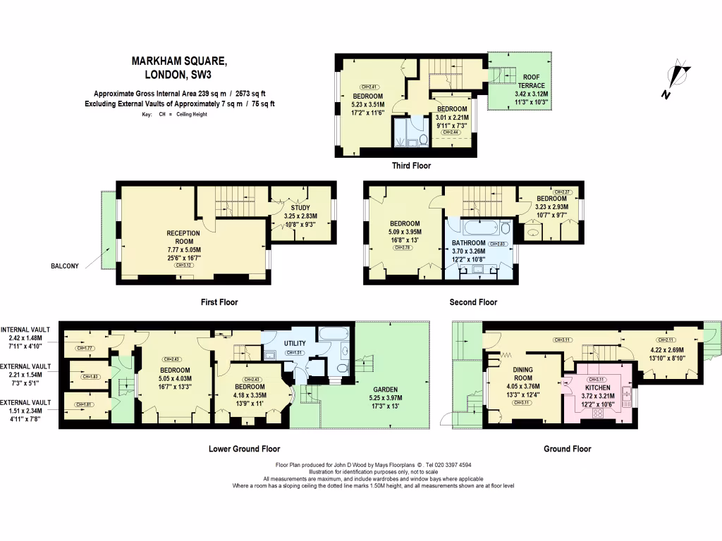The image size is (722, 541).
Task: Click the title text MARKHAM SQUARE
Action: [179, 61]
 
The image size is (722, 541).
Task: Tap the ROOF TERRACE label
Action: [531, 81]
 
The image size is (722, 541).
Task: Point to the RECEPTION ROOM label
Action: [183, 237]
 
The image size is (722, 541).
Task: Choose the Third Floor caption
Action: [411, 166]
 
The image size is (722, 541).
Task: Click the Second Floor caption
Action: [473, 302]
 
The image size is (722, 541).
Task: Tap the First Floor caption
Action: [219, 302]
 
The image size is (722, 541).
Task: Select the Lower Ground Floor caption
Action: [244, 449]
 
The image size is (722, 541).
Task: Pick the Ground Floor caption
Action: [567, 449]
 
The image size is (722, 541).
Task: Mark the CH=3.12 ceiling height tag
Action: [183, 266]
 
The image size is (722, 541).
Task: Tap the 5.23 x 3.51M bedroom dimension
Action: [368, 104]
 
